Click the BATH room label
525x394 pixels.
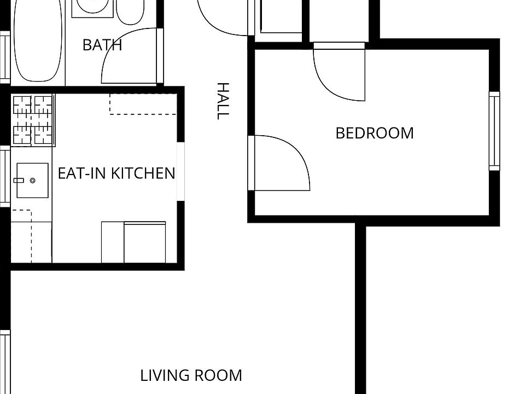pos(102,45)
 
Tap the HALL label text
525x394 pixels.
pos(222,101)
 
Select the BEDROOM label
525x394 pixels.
pos(375,133)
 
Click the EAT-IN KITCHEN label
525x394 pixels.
pos(116,173)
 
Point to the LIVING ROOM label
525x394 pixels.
pos(191,376)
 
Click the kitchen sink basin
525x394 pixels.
pos(32,180)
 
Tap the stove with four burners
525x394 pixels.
pos(32,120)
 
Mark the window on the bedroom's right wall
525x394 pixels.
pos(494,131)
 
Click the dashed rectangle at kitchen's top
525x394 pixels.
pos(143,104)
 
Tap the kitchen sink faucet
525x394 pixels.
pos(19,180)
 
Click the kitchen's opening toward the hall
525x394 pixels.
pos(180,172)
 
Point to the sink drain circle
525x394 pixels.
pos(32,180)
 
